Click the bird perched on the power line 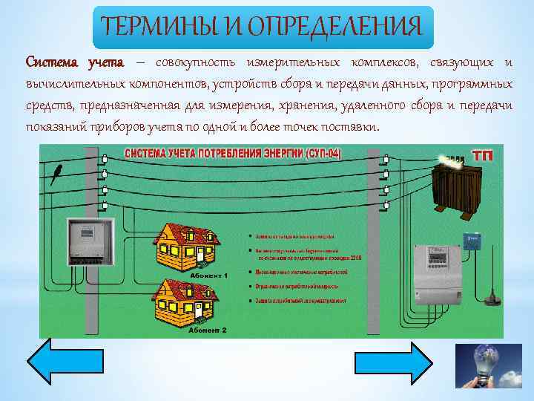coord(56,174)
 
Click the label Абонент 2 coord(208,329)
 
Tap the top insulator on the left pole coord(105,158)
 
